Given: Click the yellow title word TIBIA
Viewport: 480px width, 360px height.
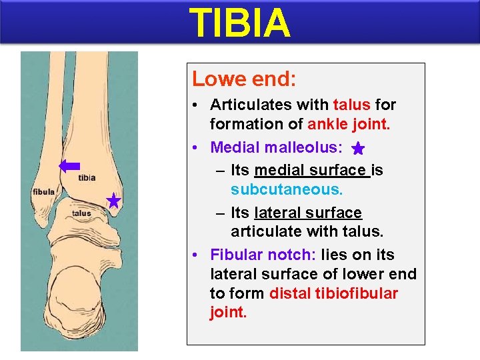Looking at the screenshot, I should (x=240, y=23).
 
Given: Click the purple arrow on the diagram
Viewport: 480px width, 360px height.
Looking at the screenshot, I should (x=69, y=167).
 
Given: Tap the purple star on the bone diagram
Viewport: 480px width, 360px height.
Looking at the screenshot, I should (x=113, y=201).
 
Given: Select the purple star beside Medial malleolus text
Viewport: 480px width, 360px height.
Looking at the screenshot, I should (x=358, y=149).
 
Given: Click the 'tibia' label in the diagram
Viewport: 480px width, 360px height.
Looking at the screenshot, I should (x=87, y=177).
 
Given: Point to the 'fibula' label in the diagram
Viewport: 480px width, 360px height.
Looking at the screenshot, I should (x=43, y=192).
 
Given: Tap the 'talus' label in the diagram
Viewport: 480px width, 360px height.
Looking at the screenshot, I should (x=81, y=213).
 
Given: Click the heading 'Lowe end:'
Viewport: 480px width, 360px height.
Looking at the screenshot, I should (x=244, y=79).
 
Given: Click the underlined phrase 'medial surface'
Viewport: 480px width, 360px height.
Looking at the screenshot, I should (x=312, y=170).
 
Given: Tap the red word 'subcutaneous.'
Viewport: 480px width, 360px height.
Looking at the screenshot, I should (x=287, y=189).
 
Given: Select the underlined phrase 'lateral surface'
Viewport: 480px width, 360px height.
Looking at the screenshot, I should (x=308, y=213).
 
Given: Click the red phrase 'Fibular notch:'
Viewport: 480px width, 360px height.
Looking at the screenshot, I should (x=263, y=255).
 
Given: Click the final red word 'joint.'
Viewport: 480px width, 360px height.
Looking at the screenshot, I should (x=228, y=313).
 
